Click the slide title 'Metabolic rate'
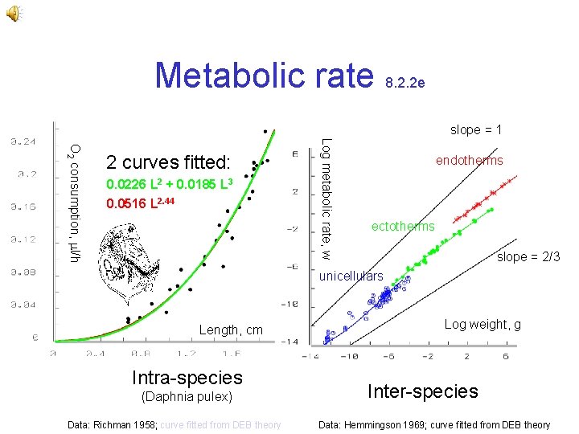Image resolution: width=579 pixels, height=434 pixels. click(265, 75)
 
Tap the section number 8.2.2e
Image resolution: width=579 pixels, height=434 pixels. click(405, 82)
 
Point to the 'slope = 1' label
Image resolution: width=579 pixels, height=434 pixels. click(476, 129)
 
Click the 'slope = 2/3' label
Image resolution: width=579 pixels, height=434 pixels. click(528, 257)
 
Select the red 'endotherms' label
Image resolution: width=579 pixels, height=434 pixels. click(470, 161)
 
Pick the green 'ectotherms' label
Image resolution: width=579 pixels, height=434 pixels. click(403, 227)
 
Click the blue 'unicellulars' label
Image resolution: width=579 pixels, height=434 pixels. click(351, 276)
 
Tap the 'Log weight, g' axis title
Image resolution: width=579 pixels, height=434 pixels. click(482, 325)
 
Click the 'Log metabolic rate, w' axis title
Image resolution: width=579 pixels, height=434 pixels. click(325, 199)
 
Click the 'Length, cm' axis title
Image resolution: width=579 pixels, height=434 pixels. click(231, 330)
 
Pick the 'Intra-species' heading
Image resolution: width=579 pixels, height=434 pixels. click(187, 377)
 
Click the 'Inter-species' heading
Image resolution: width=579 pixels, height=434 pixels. click(423, 391)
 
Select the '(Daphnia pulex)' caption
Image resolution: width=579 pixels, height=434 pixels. click(187, 397)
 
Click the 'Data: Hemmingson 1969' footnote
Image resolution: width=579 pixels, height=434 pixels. click(435, 425)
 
